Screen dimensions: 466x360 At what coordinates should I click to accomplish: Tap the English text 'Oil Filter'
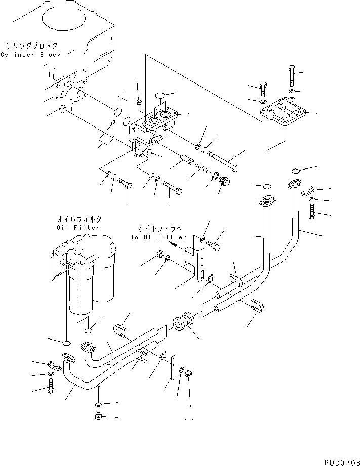pyautogui.click(x=78, y=228)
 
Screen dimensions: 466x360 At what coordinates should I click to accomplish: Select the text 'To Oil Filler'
pyautogui.click(x=158, y=237)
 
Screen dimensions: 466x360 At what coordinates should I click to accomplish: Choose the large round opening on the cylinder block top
pyautogui.click(x=64, y=19)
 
